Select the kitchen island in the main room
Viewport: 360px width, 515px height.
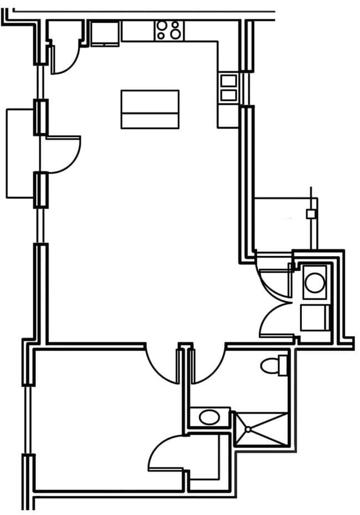[150, 109]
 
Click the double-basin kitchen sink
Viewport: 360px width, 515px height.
[228, 88]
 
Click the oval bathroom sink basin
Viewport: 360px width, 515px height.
[209, 417]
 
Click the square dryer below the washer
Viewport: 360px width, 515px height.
[314, 317]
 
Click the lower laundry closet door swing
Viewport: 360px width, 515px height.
[277, 319]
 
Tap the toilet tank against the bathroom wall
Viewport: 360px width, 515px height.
[284, 365]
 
